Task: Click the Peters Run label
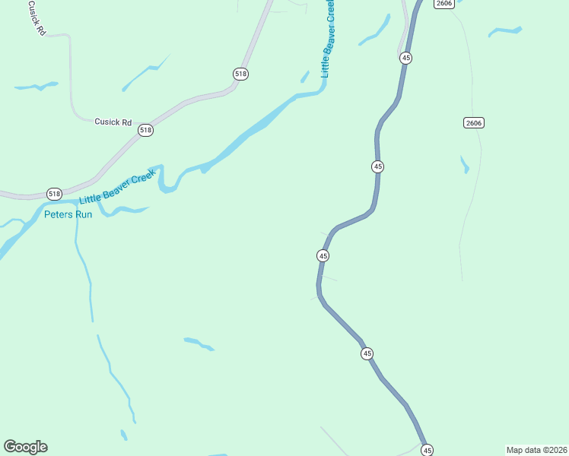pyautogui.click(x=68, y=214)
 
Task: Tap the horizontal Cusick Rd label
pyautogui.click(x=113, y=122)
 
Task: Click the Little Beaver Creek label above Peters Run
pyautogui.click(x=117, y=189)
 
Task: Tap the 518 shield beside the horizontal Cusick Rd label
pyautogui.click(x=145, y=131)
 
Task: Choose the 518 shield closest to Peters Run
pyautogui.click(x=54, y=194)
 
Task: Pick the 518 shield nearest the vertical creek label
pyautogui.click(x=241, y=74)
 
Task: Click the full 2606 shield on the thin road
pyautogui.click(x=473, y=122)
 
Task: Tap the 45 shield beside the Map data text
pyautogui.click(x=427, y=450)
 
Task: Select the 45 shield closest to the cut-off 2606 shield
pyautogui.click(x=406, y=58)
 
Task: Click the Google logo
pyautogui.click(x=25, y=447)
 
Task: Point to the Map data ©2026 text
pyautogui.click(x=536, y=450)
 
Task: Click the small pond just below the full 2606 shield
pyautogui.click(x=464, y=164)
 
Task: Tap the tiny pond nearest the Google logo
pyautogui.click(x=123, y=435)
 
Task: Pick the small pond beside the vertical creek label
pyautogui.click(x=305, y=77)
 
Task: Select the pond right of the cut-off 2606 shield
pyautogui.click(x=504, y=32)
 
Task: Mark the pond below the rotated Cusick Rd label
pyautogui.click(x=36, y=86)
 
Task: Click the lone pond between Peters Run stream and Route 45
pyautogui.click(x=199, y=344)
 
